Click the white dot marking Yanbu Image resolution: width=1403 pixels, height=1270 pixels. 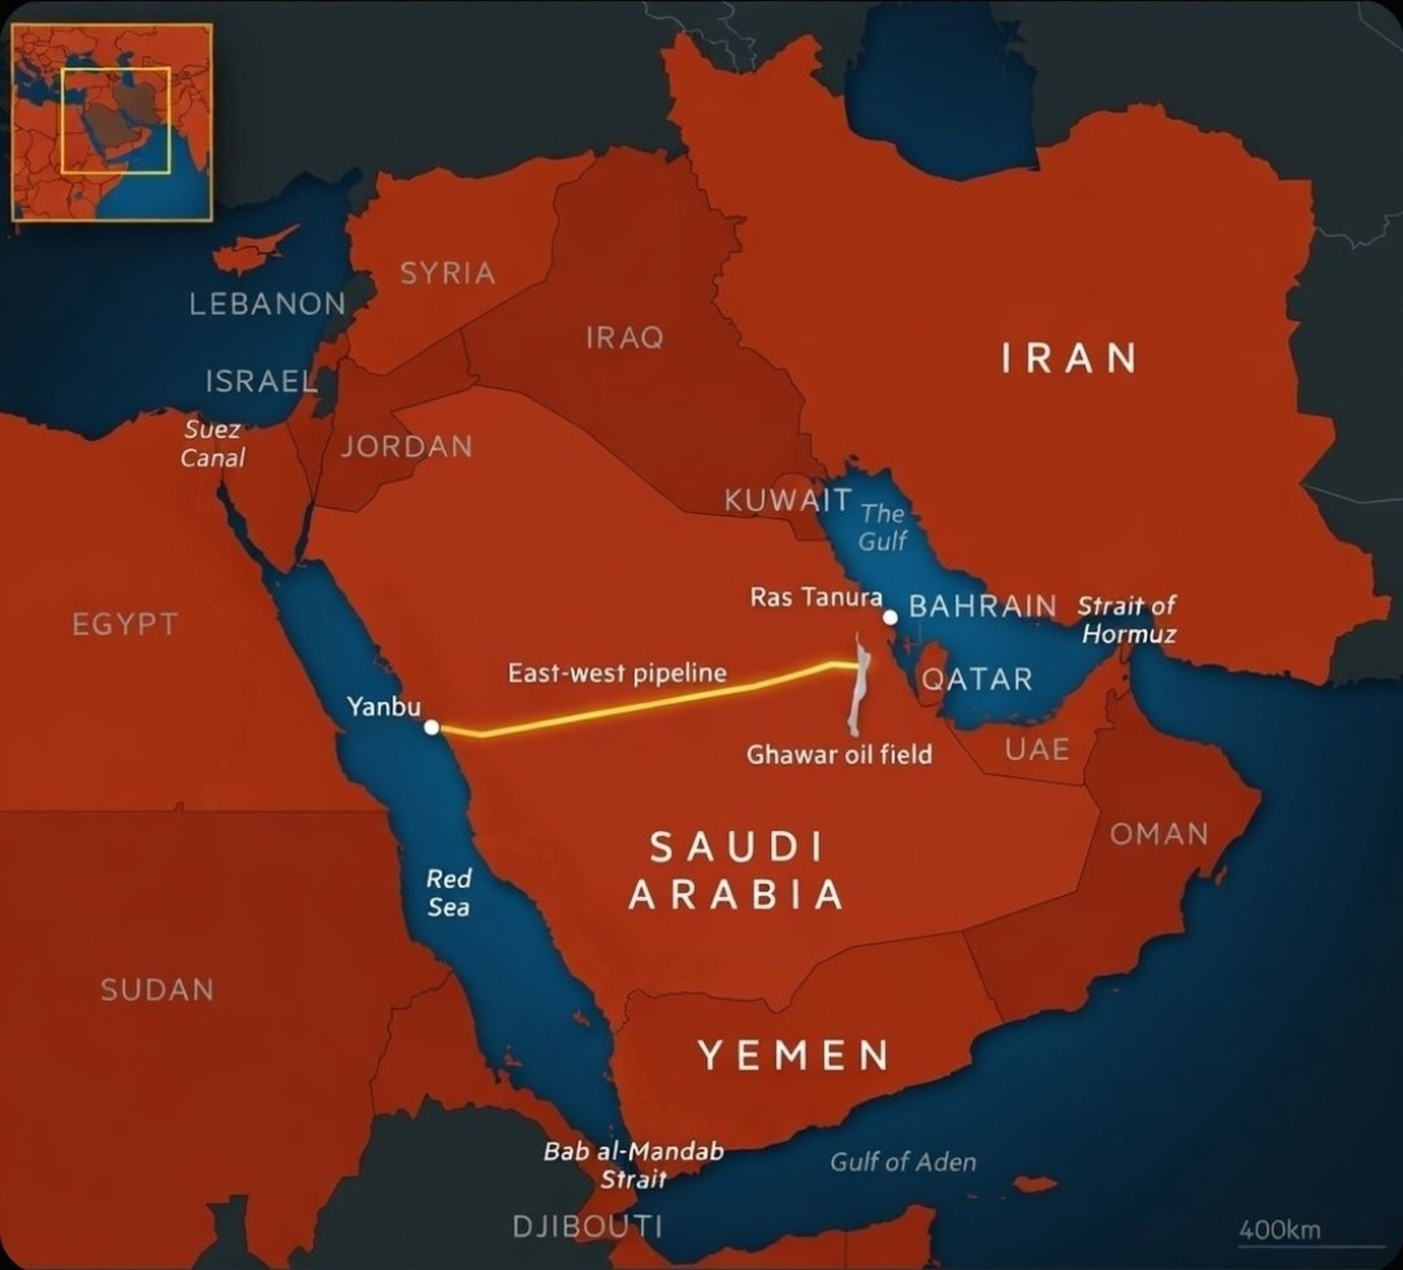[432, 727]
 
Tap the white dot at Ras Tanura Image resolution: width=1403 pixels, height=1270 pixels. [890, 617]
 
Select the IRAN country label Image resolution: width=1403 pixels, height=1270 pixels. [1069, 359]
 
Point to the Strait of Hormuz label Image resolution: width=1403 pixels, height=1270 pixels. [1128, 620]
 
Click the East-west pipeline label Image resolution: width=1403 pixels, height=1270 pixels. [617, 673]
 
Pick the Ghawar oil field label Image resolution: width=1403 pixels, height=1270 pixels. [839, 754]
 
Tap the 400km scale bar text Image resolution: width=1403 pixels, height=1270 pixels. [1280, 1230]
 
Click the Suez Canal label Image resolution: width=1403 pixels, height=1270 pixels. [213, 444]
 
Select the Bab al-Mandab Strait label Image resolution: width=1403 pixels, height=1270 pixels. [634, 1165]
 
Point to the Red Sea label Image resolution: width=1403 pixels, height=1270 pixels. [449, 892]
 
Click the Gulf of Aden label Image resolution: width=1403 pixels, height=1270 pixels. [902, 1162]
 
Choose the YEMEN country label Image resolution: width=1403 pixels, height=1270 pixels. [794, 1055]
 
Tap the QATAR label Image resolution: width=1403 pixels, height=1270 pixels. [977, 680]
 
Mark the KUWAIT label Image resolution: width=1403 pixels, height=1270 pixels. [788, 501]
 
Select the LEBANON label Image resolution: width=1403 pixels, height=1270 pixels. [267, 304]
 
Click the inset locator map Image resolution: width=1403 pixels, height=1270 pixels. [112, 122]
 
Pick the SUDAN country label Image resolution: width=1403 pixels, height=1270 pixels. [157, 990]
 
